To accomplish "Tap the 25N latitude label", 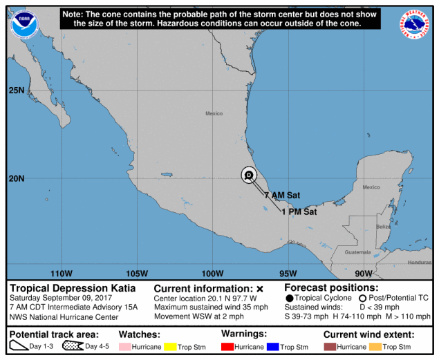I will point(17,91).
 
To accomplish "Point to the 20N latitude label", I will point(17,178).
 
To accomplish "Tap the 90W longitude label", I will point(364,273).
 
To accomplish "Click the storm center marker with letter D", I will point(249,176).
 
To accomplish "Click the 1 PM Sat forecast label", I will point(299,212).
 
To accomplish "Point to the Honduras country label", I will point(419,263).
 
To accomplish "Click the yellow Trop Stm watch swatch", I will point(172,346).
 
